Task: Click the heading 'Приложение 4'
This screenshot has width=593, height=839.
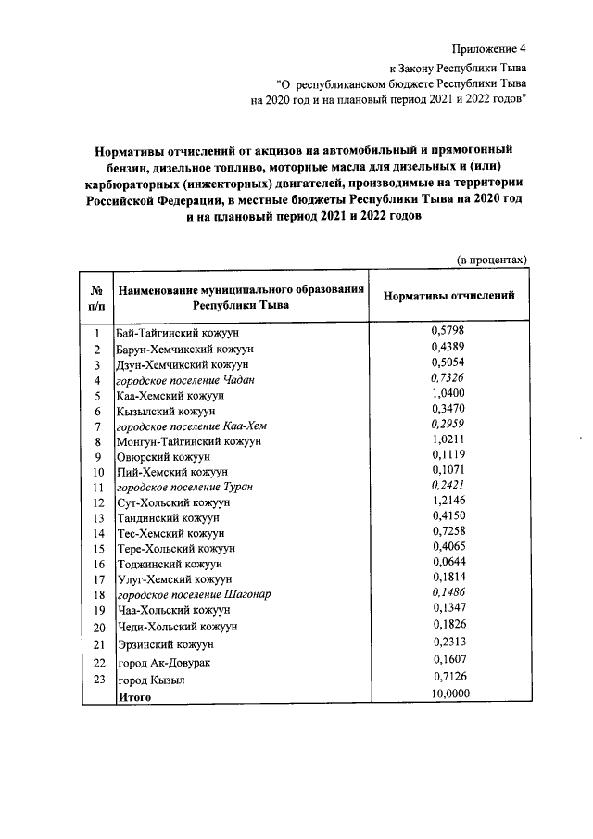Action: click(488, 49)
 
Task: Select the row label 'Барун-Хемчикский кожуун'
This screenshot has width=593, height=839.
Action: click(184, 349)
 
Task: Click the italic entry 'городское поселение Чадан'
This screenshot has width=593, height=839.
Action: click(184, 380)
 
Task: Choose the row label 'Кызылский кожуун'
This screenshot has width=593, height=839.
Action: click(166, 410)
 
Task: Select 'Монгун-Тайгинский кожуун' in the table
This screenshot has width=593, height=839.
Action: click(190, 441)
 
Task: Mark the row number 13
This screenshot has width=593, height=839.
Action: click(97, 517)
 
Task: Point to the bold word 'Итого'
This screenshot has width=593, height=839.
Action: click(133, 695)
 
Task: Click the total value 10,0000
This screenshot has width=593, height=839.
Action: click(450, 694)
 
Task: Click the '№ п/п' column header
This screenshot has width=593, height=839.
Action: click(97, 296)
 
